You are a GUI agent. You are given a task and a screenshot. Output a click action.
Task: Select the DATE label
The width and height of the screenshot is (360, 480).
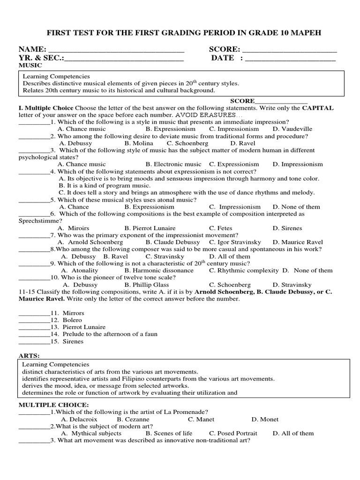coord(222,58)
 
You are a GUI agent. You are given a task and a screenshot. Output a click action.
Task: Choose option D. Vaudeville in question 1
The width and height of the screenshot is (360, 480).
coord(292,129)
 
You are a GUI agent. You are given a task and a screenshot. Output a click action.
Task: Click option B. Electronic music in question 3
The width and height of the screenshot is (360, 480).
coord(173,165)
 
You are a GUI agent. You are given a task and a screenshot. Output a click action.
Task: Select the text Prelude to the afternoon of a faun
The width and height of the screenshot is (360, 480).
coord(107,334)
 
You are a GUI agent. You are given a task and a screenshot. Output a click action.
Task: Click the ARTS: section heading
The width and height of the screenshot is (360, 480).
coord(29,356)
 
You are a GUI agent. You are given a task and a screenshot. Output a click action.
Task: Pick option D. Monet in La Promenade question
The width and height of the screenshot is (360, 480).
coord(265,420)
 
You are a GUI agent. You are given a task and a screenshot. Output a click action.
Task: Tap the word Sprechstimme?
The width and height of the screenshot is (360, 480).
coord(40,221)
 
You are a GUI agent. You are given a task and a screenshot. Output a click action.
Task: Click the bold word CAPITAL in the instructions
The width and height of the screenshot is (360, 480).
coord(318,108)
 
